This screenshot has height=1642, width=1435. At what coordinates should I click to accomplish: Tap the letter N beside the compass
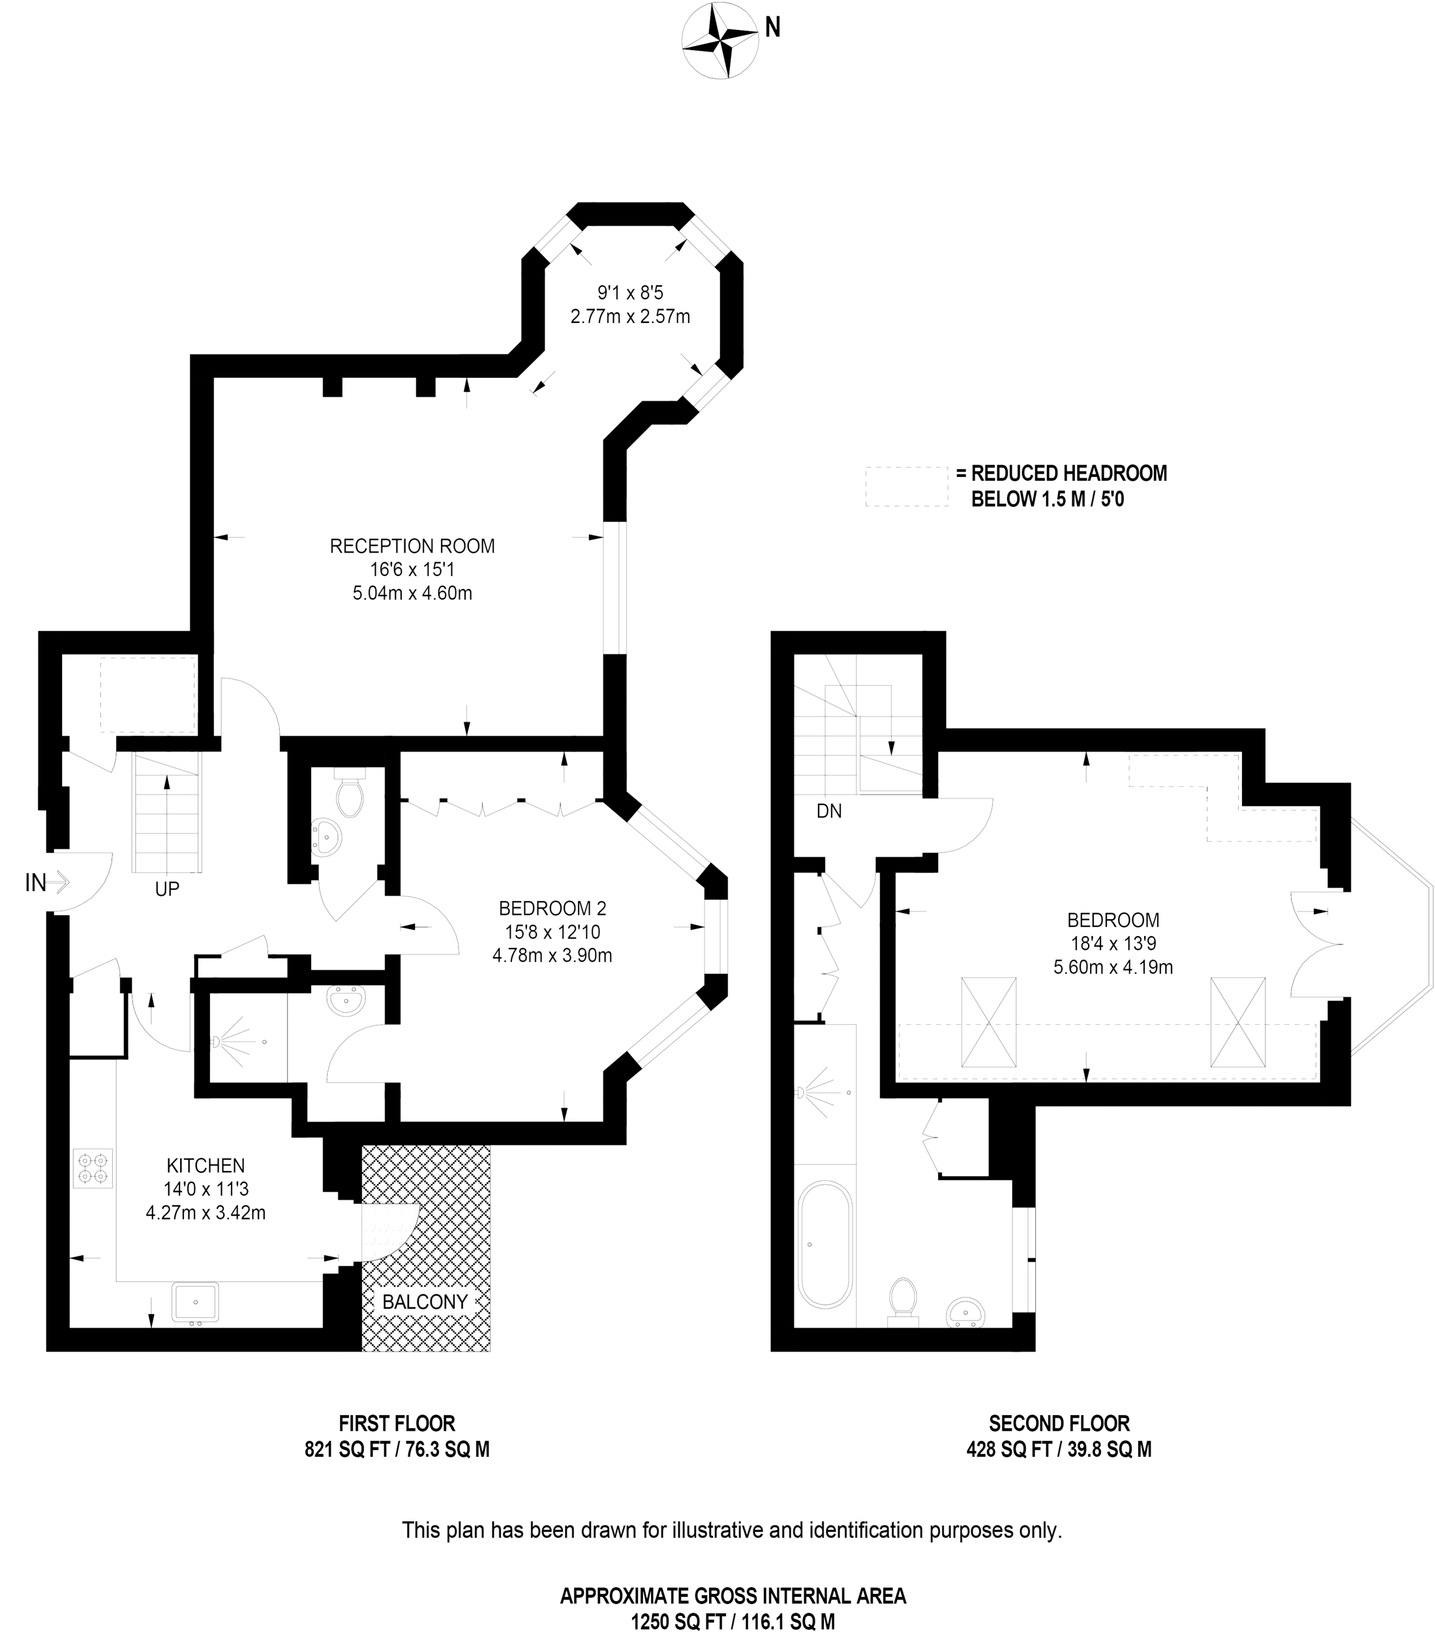tap(773, 28)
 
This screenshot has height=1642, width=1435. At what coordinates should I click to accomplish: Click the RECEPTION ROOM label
tap(412, 546)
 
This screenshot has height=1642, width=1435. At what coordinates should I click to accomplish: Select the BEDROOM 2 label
tap(552, 908)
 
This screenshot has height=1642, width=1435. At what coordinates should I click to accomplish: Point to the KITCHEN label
tap(206, 1165)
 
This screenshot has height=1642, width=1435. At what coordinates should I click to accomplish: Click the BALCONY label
tap(425, 1301)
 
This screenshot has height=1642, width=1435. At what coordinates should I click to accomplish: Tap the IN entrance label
tap(36, 883)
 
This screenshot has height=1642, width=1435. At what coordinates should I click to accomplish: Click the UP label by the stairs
tap(166, 889)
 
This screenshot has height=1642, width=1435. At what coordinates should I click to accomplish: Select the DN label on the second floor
tap(829, 812)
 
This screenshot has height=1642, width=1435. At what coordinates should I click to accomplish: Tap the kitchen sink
tap(194, 1302)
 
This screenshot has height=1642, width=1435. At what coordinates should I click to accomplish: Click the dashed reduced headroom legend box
tap(907, 486)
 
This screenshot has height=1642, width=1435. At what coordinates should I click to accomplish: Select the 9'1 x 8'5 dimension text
tap(630, 293)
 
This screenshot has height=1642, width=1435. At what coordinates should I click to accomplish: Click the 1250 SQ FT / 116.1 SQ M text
tap(733, 1622)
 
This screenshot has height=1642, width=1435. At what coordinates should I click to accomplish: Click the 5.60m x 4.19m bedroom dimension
tap(1113, 967)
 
